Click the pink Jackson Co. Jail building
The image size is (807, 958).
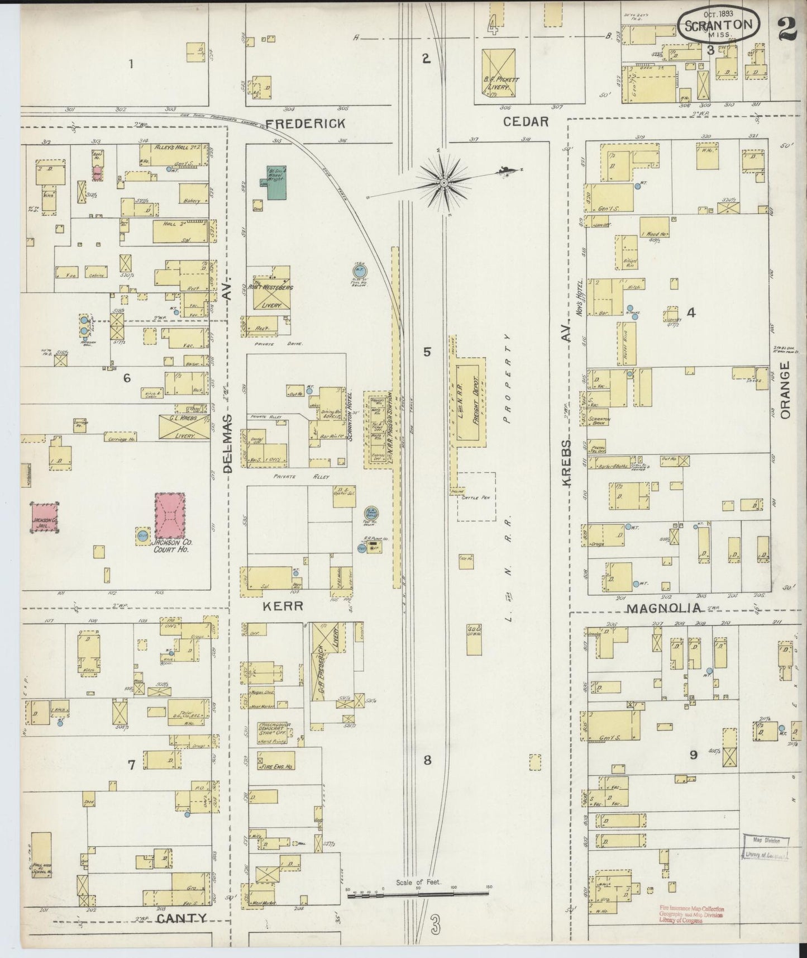pyautogui.click(x=45, y=518)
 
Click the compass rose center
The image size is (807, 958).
pyautogui.click(x=443, y=182)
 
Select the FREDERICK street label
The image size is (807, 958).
pyautogui.click(x=305, y=123)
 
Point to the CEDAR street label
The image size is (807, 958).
pyautogui.click(x=526, y=121)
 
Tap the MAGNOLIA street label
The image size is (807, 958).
pyautogui.click(x=663, y=608)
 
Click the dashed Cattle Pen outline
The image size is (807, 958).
pyautogui.click(x=476, y=496)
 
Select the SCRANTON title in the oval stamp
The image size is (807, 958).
pyautogui.click(x=718, y=25)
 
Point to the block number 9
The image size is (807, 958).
pyautogui.click(x=693, y=755)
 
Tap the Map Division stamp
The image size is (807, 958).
pyautogui.click(x=765, y=841)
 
